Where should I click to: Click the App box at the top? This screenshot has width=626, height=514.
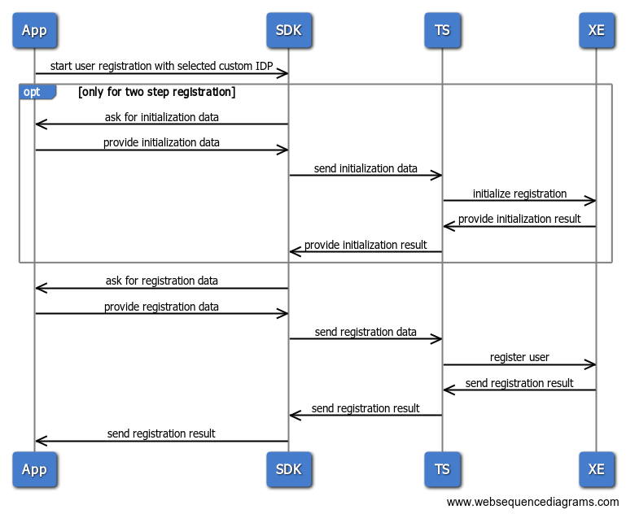click(x=34, y=31)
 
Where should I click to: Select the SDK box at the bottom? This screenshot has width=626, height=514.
click(x=289, y=469)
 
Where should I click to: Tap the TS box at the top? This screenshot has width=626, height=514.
click(x=442, y=31)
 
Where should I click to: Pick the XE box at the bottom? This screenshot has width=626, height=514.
click(x=596, y=469)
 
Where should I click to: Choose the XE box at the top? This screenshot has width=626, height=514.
click(x=596, y=31)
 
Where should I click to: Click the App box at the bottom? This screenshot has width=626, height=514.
click(x=34, y=469)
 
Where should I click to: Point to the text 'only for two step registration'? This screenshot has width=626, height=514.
click(x=157, y=92)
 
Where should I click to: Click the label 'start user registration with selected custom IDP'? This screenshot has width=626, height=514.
click(x=161, y=65)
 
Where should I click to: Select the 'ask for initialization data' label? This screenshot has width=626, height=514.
click(x=161, y=117)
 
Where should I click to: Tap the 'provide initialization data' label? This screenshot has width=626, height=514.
click(x=161, y=142)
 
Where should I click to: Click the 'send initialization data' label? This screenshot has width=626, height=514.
click(x=366, y=168)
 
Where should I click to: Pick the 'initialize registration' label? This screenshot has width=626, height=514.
click(x=519, y=194)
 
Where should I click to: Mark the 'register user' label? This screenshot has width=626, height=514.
click(x=519, y=357)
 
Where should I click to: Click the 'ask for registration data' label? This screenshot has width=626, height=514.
click(x=161, y=281)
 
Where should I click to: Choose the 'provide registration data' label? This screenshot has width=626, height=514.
click(x=161, y=307)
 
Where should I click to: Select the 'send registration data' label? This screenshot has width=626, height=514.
click(x=366, y=332)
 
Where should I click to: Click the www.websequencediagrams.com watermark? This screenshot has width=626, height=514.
click(x=532, y=502)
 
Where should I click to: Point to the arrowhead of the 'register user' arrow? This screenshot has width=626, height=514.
click(x=590, y=364)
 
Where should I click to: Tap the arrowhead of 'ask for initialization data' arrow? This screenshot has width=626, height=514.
click(x=41, y=124)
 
